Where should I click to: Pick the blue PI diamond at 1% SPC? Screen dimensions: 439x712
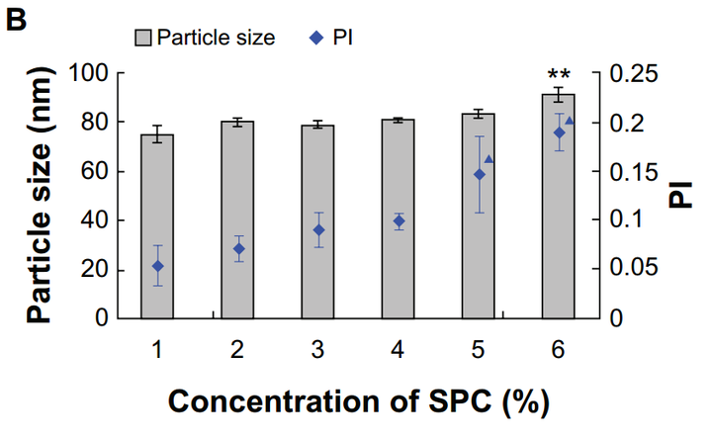[x=157, y=266]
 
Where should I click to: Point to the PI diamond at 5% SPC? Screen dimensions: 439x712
[x=480, y=175]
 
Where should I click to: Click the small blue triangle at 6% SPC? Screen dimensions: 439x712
[x=569, y=121]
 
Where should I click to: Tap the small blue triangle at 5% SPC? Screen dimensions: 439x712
[x=489, y=159]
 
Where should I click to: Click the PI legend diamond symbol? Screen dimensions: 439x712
[x=314, y=39]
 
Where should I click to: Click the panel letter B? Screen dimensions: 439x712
[x=17, y=17]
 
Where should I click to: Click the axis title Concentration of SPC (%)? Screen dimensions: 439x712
[x=358, y=402]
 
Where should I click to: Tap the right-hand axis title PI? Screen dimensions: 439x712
[x=681, y=195]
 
